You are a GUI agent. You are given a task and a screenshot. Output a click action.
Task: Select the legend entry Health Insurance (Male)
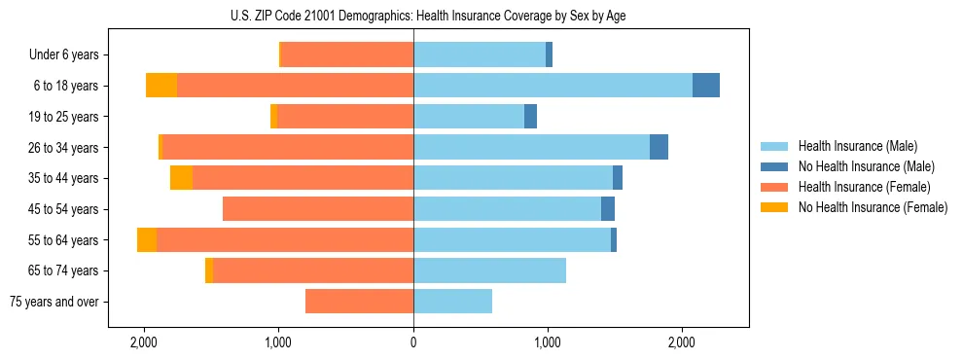[856, 146]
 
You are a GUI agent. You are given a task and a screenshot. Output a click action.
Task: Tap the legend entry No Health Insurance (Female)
[873, 207]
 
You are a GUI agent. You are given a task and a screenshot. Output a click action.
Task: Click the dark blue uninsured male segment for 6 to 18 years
[706, 86]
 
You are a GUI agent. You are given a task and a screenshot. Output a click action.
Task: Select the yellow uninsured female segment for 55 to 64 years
[147, 240]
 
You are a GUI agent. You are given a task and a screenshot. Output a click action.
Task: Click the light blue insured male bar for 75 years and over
[452, 302]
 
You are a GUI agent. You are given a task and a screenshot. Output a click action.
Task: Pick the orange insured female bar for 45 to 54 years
[318, 209]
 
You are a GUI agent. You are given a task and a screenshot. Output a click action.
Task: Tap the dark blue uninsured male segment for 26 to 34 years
[659, 147]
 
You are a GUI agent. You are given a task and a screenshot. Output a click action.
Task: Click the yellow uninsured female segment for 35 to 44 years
[181, 178]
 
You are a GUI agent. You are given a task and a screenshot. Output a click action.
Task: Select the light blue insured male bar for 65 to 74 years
[489, 270]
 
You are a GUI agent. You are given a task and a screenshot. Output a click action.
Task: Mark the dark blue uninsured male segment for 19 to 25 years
[530, 117]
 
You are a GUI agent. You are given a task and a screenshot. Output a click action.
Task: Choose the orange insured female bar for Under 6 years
[347, 54]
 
